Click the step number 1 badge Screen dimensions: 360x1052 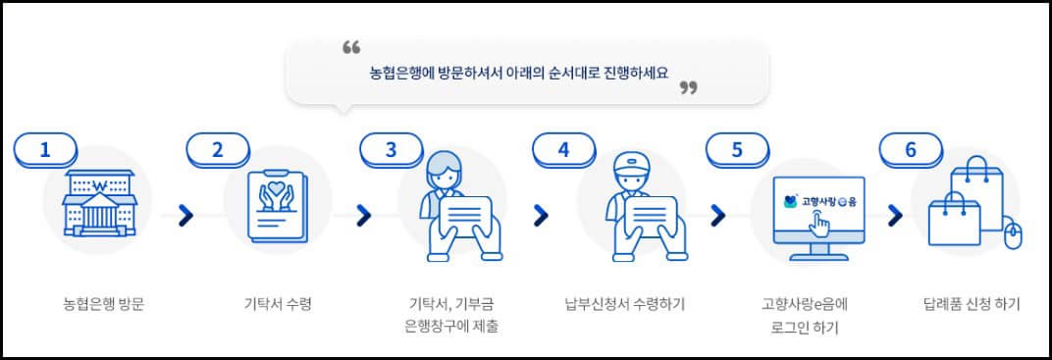pos(45,149)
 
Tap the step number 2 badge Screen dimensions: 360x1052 pos(218,149)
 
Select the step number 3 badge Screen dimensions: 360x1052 pos(391,149)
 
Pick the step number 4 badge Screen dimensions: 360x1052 pos(563,149)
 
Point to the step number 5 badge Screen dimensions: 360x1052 pos(736,149)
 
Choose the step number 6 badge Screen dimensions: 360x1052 pos(910,149)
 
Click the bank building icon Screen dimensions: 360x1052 pos(97,203)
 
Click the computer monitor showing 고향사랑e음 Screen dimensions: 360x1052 pos(820,212)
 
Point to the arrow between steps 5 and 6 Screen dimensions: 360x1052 pos(894,215)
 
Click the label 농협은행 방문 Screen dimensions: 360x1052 pos(97,304)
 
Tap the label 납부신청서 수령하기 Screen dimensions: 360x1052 pos(625,304)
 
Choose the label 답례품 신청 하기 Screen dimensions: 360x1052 pos(972,304)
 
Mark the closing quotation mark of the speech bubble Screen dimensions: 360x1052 pos(688,88)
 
